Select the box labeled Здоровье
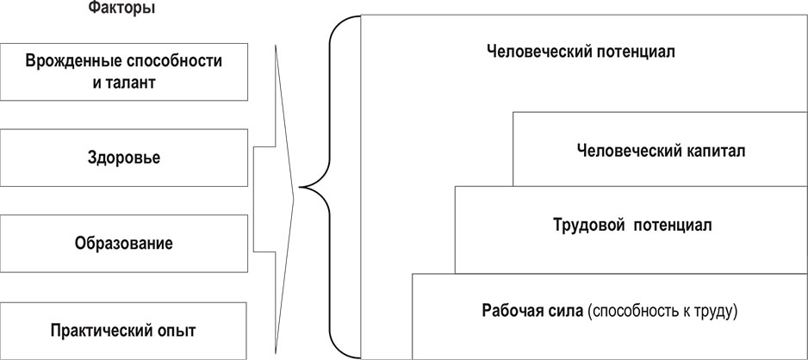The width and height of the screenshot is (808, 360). point(124,158)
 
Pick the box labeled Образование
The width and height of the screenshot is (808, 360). point(124,243)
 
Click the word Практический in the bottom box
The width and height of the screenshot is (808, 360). point(94,330)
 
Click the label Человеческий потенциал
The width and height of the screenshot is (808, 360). point(580,51)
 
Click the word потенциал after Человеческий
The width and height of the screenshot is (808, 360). point(634,51)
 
